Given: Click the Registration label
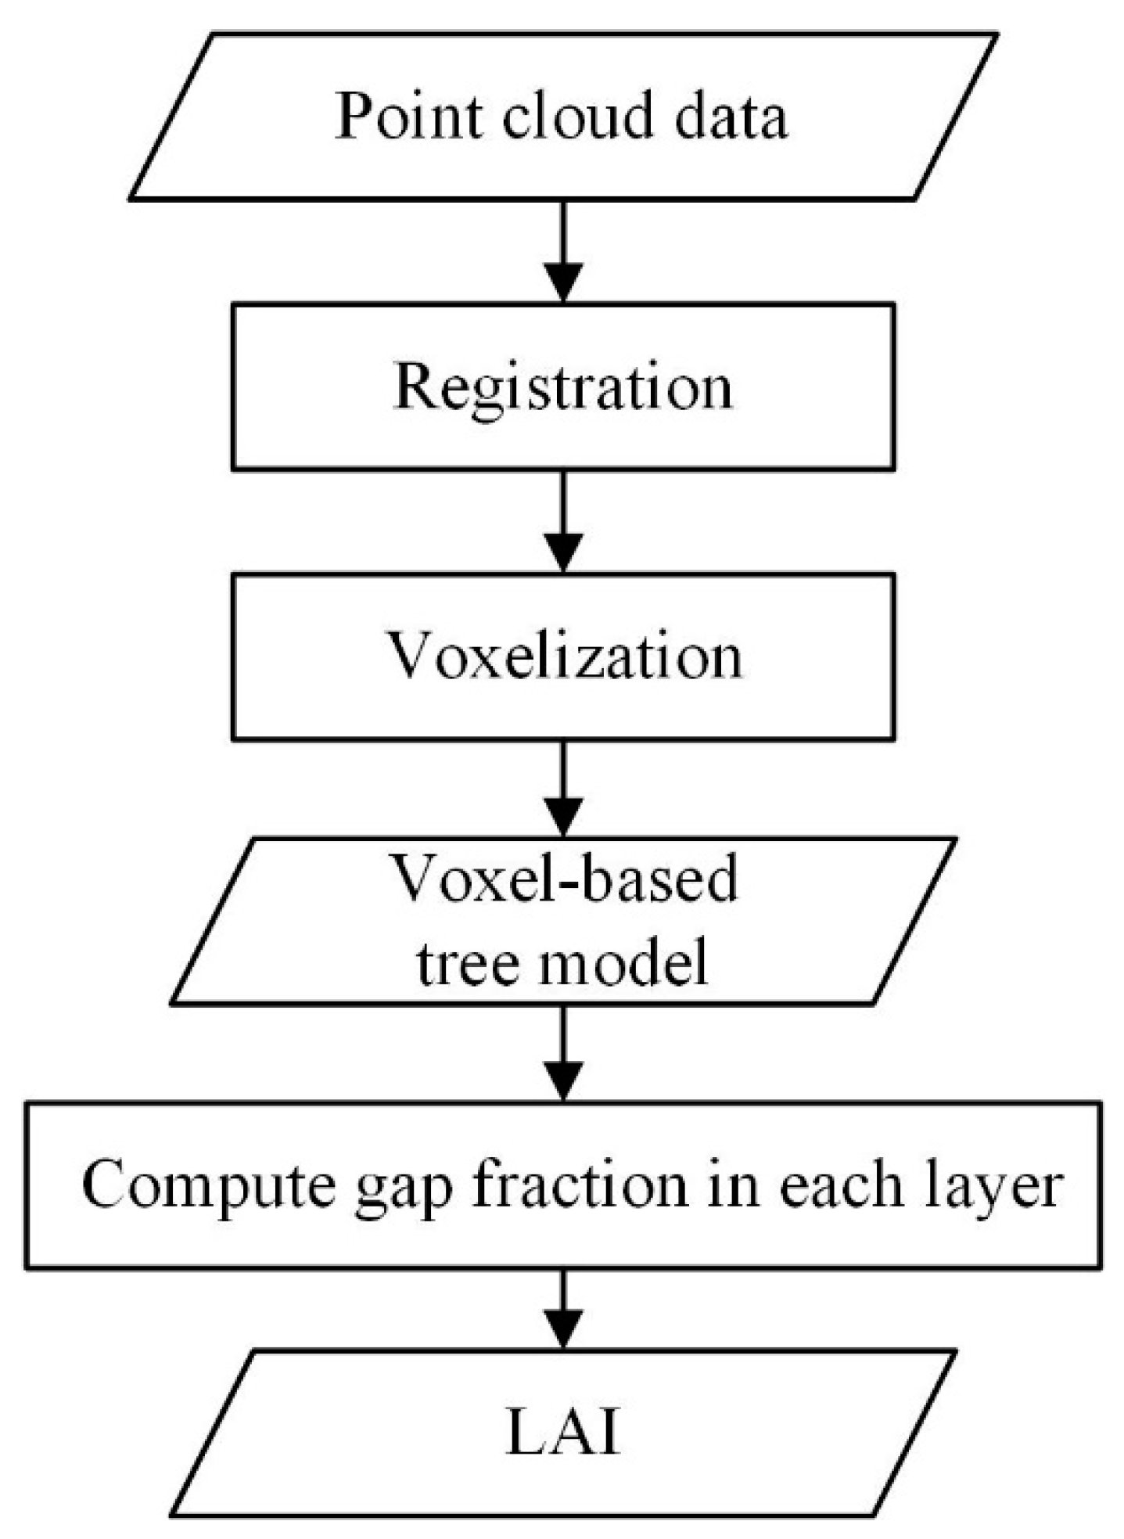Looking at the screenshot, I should (563, 387).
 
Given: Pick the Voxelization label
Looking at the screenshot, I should (565, 656).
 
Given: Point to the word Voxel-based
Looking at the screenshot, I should (564, 878).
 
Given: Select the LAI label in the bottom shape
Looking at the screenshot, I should (563, 1435).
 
